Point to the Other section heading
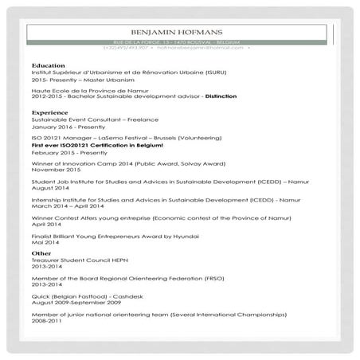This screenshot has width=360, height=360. click(x=41, y=253)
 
